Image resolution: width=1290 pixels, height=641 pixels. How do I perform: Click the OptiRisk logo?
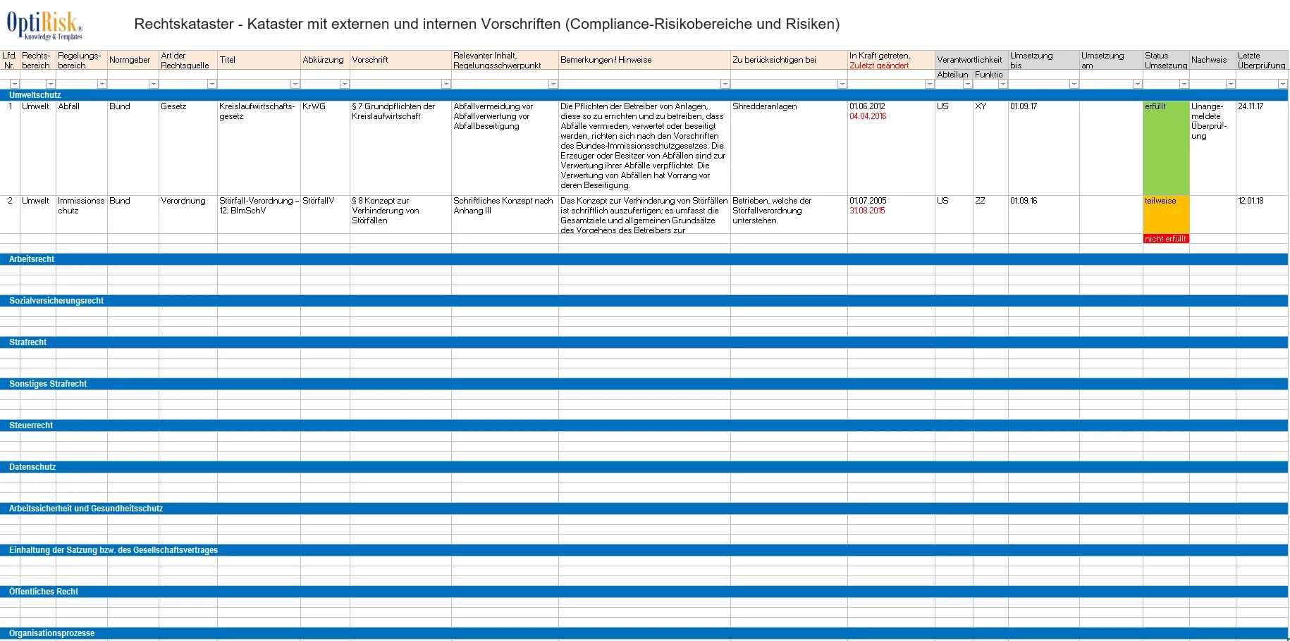(44, 26)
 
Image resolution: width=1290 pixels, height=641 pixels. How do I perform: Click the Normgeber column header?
(130, 60)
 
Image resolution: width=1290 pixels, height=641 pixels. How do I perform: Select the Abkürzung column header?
(323, 60)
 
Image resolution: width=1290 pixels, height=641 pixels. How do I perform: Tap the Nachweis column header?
(1209, 60)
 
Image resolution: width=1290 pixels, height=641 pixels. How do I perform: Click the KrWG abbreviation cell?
(314, 106)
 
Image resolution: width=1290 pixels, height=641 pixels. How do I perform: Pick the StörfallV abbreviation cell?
(319, 201)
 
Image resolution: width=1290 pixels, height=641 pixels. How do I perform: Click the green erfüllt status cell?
(1165, 148)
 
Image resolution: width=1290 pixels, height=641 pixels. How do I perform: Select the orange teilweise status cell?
(1165, 213)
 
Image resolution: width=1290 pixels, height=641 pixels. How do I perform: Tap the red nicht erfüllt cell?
(1165, 239)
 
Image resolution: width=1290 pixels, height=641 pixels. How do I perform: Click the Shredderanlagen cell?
(764, 106)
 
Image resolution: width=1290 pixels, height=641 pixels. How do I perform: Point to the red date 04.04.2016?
(868, 116)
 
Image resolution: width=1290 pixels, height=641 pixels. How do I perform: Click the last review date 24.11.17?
(1251, 106)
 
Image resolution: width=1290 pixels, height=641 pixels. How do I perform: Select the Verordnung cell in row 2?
(183, 201)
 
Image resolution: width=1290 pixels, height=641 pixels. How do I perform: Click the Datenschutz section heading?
(32, 467)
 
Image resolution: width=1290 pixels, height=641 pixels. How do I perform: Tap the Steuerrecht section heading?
(31, 425)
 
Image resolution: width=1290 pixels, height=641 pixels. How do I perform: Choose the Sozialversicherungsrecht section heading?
(56, 301)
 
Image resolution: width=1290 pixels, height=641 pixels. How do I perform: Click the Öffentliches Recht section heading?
(44, 592)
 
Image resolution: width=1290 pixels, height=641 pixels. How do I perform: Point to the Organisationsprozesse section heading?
(51, 633)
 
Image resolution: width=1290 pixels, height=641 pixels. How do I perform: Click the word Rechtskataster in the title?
(183, 24)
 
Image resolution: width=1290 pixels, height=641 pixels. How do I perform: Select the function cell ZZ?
(980, 201)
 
